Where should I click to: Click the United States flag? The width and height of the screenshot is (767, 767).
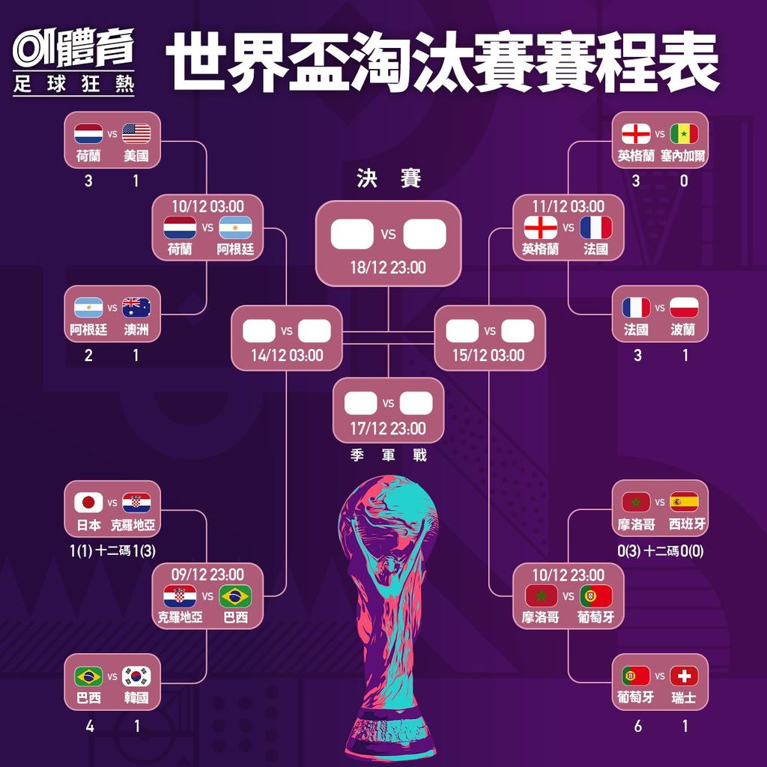point(136,133)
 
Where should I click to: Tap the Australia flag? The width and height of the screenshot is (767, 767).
point(136,308)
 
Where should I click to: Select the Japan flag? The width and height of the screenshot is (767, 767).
point(88,503)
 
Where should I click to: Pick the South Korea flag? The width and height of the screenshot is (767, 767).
point(136,676)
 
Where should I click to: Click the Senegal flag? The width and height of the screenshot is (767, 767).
point(684,133)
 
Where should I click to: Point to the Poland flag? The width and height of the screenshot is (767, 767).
point(684,308)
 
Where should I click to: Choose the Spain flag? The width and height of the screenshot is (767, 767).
point(684,501)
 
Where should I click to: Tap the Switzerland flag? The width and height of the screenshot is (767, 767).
point(684,676)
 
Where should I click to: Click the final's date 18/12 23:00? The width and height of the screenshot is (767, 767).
point(388,267)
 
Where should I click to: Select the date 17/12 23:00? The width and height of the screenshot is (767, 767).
point(388,428)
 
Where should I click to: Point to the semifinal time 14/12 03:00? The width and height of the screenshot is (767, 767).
point(287,355)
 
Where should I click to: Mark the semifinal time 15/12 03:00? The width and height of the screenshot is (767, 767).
point(488,355)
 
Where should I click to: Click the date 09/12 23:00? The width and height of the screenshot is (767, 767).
point(207,575)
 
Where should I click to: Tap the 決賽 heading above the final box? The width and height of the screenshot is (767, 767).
point(389,178)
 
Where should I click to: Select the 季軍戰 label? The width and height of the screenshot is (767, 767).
point(389,455)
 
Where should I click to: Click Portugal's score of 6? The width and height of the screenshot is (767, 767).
point(637,727)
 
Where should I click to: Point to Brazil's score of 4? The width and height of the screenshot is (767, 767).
point(90,727)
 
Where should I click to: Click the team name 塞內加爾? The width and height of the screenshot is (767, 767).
point(683,156)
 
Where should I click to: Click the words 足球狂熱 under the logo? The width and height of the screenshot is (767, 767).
point(73,84)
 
